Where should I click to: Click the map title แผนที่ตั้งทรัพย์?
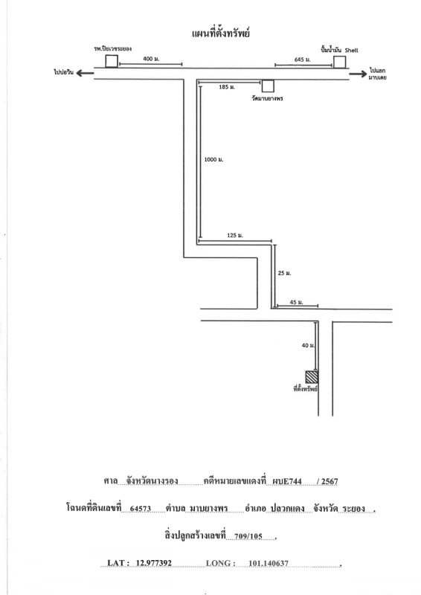pos(220,33)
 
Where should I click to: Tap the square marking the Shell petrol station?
pos(339,62)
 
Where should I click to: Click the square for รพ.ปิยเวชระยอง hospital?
pos(112,61)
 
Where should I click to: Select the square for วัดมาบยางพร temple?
pos(268,86)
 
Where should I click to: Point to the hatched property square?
pos(312,377)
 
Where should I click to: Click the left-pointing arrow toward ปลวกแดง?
pos(85,73)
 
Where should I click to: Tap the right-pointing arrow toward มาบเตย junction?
pos(359,73)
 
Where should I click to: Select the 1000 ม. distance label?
pos(213,160)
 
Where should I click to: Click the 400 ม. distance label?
pos(151,59)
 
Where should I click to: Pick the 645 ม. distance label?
pos(303,59)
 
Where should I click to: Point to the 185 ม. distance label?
pos(227,87)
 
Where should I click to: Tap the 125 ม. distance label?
pos(235,236)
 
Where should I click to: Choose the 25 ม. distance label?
pos(284,273)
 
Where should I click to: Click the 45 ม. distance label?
pos(297,303)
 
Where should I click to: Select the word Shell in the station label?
pos(351,51)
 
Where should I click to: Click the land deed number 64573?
pos(141,509)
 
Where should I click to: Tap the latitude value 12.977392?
pos(154,564)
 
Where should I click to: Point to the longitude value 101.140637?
pos(269,564)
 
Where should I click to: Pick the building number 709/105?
pos(248,536)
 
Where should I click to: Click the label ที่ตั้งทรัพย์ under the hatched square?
pos(306,389)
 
